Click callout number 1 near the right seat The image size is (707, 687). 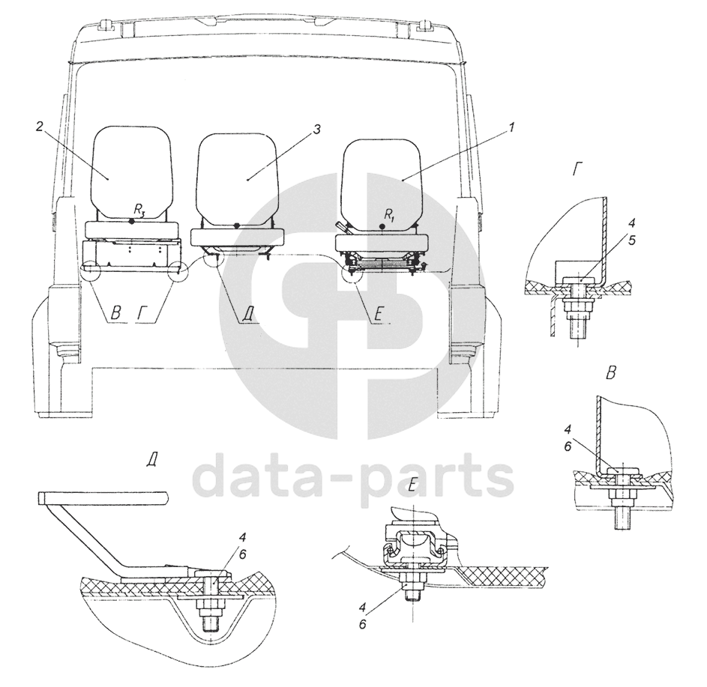click(512, 128)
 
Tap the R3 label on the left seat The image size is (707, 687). click(139, 209)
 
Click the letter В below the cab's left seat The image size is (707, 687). click(116, 313)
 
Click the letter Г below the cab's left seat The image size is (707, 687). click(142, 313)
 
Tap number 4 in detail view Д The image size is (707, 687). click(242, 536)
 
